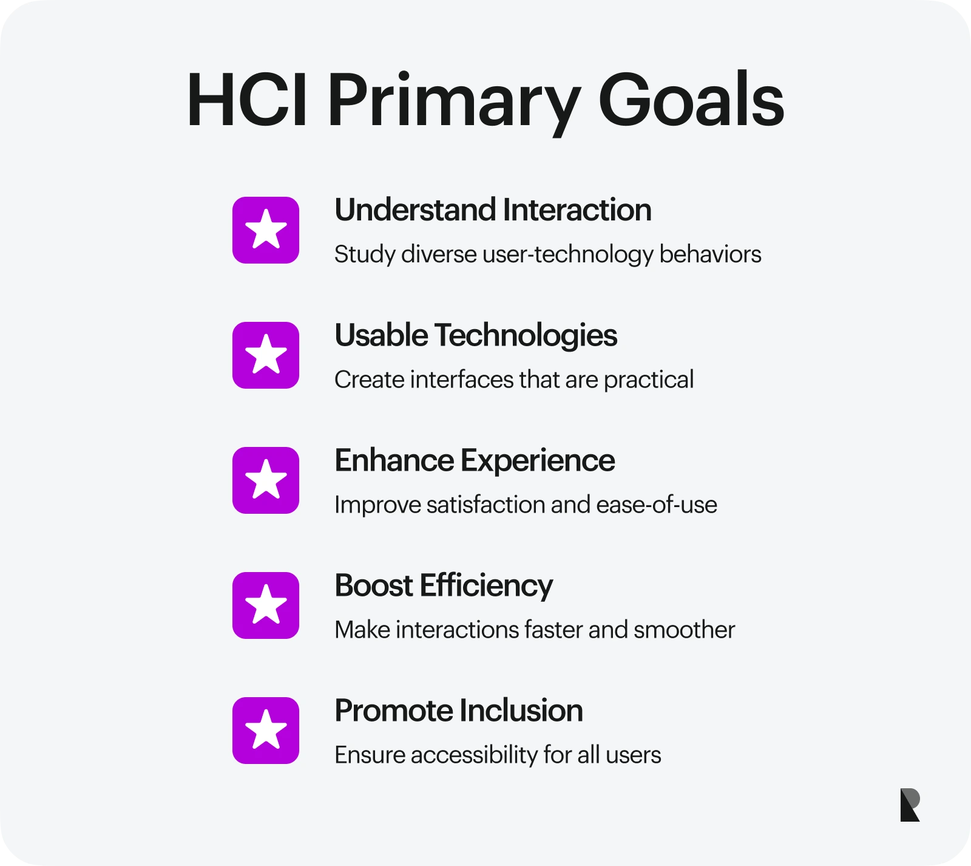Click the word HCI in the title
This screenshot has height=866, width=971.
point(246,100)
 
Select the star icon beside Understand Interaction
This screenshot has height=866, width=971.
point(266,230)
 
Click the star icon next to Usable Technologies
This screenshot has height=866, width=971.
point(266,355)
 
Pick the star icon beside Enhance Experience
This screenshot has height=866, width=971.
point(266,480)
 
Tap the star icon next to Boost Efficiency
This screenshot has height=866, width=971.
point(266,605)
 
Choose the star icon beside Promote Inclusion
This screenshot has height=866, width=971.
point(266,731)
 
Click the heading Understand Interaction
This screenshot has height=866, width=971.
point(493,210)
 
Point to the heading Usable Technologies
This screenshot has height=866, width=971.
point(476,335)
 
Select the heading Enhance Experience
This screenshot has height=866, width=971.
point(475,460)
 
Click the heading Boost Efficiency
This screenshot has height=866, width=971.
point(444,586)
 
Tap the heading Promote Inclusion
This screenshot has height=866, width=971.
point(459,711)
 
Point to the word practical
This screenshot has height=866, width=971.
point(648,380)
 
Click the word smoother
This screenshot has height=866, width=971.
point(684,630)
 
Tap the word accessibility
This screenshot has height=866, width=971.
point(474,755)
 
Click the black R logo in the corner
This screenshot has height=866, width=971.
point(910,805)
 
